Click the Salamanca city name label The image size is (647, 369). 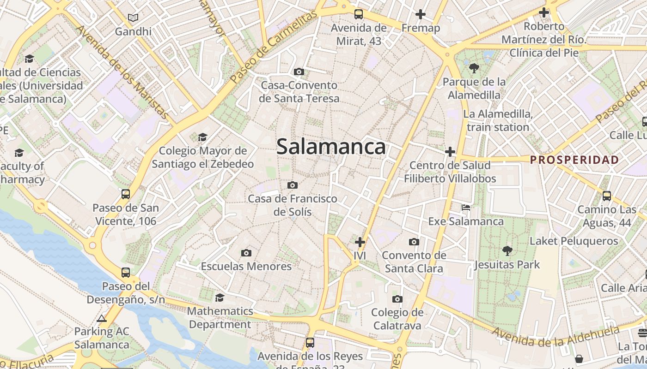pyautogui.click(x=331, y=147)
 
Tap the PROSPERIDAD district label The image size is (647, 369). pyautogui.click(x=574, y=160)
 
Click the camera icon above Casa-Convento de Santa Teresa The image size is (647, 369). pyautogui.click(x=299, y=71)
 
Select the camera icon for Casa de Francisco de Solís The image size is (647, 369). pyautogui.click(x=292, y=185)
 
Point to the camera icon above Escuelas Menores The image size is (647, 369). pyautogui.click(x=246, y=253)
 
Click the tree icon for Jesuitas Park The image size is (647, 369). pyautogui.click(x=507, y=251)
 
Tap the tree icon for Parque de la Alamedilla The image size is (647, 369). pyautogui.click(x=474, y=68)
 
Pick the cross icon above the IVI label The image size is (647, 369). pyautogui.click(x=360, y=242)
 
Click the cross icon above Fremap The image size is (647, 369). pyautogui.click(x=420, y=14)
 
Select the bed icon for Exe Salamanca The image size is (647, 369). pyautogui.click(x=466, y=208)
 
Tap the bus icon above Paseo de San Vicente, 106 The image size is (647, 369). pyautogui.click(x=126, y=194)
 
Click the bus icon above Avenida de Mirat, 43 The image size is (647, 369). pyautogui.click(x=359, y=14)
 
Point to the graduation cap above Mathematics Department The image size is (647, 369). pyautogui.click(x=220, y=298)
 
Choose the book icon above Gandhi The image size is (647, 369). pyautogui.click(x=133, y=18)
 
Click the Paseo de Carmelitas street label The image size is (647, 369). pyautogui.click(x=274, y=47)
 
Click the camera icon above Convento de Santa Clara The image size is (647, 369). pyautogui.click(x=414, y=242)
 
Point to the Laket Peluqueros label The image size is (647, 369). pyautogui.click(x=574, y=241)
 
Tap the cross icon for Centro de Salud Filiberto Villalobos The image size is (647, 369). pyautogui.click(x=450, y=151)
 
